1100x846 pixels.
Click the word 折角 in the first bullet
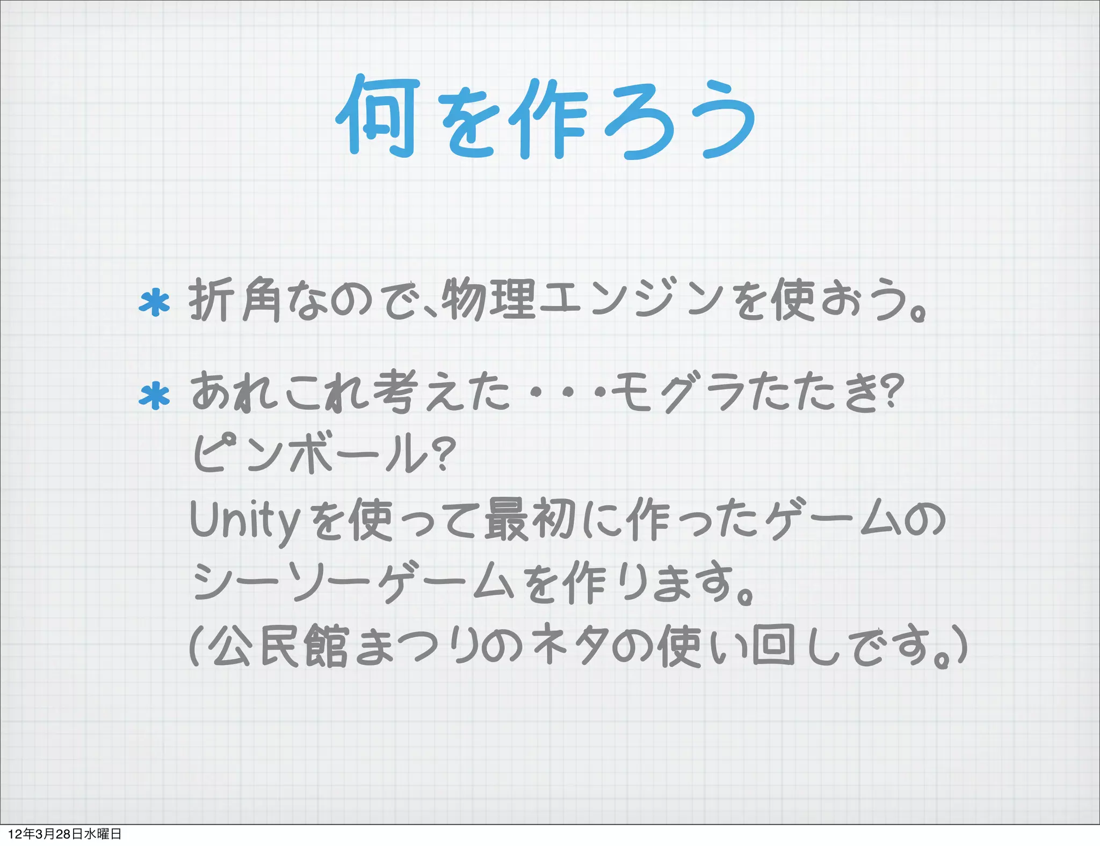(235, 300)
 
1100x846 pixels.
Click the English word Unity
(244, 520)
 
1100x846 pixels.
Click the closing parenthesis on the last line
(961, 646)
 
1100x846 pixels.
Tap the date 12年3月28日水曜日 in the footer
(65, 834)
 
